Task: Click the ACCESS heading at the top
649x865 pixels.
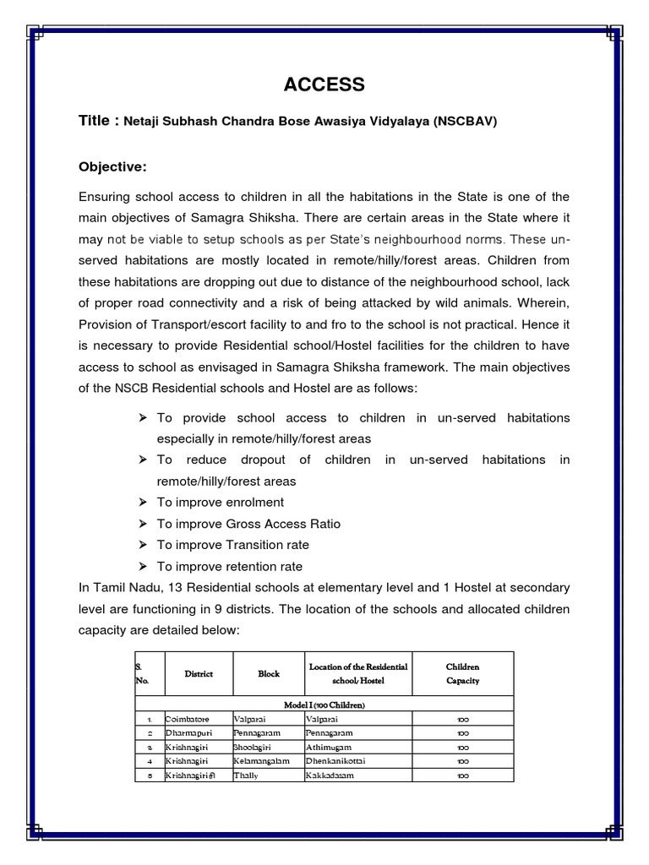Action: coord(324,84)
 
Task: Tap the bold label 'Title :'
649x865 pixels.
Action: coord(98,122)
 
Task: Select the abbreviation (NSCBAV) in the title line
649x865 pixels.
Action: coord(465,122)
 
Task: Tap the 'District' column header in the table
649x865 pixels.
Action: coord(199,674)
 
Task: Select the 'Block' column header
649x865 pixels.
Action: coord(268,674)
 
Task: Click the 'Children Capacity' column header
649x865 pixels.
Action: coord(462,673)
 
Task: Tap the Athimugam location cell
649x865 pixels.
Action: coord(330,748)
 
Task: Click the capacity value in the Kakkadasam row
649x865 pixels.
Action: coord(462,775)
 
